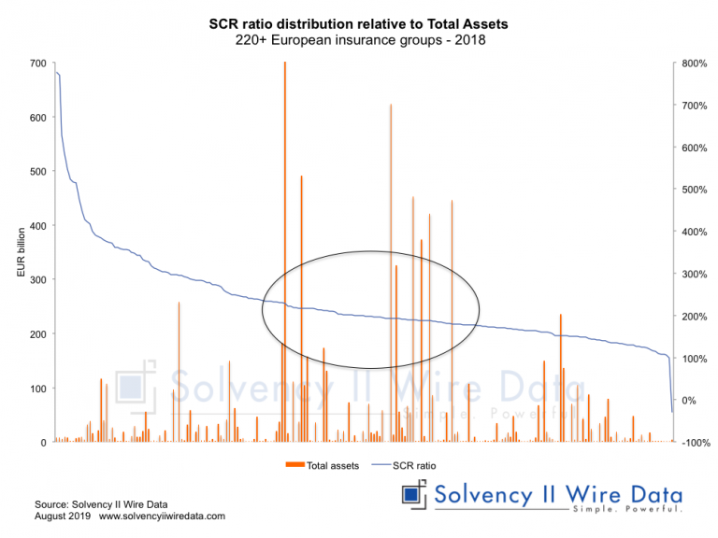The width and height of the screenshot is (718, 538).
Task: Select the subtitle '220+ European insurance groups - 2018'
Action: tap(360, 41)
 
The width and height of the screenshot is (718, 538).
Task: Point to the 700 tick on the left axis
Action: tap(37, 64)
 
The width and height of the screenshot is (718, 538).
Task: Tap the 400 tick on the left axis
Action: tap(37, 226)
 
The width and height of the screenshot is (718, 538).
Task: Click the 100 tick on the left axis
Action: tap(37, 389)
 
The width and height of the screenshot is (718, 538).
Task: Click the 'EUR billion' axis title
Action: tap(21, 253)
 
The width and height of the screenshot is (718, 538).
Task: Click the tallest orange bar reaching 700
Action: tap(284, 187)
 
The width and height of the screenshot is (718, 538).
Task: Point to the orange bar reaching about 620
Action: tap(391, 234)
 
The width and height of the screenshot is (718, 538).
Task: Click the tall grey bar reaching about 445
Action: tap(452, 280)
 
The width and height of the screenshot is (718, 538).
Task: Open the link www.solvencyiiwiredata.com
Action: tap(162, 517)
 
